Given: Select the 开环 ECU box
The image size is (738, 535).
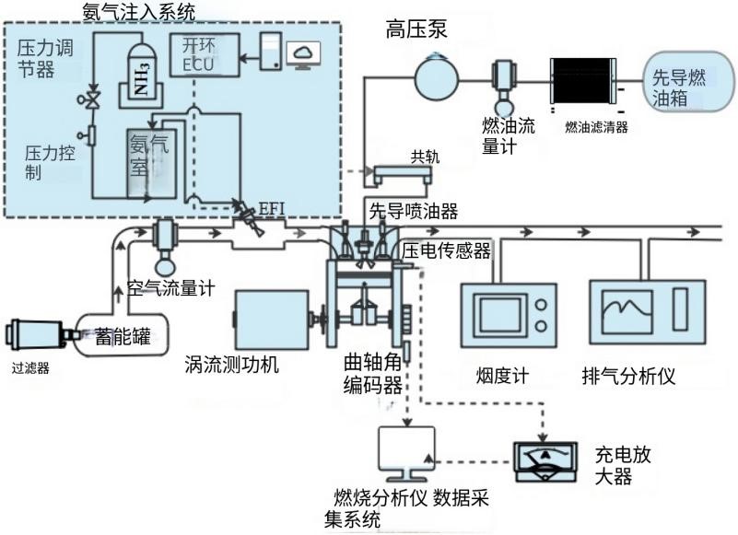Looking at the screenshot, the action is (x=205, y=54).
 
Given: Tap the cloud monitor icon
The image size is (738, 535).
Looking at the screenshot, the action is (x=303, y=54).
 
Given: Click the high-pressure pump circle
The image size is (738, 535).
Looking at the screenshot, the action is (x=437, y=77).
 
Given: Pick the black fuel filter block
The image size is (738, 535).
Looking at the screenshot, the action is (x=582, y=80).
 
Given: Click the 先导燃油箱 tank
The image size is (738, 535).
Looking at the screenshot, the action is (x=688, y=81).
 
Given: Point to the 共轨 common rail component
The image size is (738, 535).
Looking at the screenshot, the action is (x=403, y=174).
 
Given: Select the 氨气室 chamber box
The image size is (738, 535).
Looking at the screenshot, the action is (x=151, y=163).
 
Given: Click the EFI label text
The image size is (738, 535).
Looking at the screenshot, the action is (x=272, y=208).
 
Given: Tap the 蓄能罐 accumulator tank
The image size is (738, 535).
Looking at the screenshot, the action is (x=122, y=334).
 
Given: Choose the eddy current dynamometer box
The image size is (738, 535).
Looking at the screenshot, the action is (x=272, y=320).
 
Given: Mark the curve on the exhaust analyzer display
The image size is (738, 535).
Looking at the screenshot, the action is (x=627, y=309).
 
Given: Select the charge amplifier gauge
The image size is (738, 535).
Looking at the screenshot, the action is (x=545, y=461).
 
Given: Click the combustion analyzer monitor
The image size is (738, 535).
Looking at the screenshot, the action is (x=406, y=454).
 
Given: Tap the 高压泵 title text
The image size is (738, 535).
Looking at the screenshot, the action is (x=416, y=29).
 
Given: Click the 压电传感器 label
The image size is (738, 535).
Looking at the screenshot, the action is (x=446, y=250).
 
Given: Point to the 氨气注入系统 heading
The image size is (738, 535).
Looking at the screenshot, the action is (x=138, y=11).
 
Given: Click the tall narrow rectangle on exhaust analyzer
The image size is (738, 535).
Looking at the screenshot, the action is (x=681, y=309).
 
